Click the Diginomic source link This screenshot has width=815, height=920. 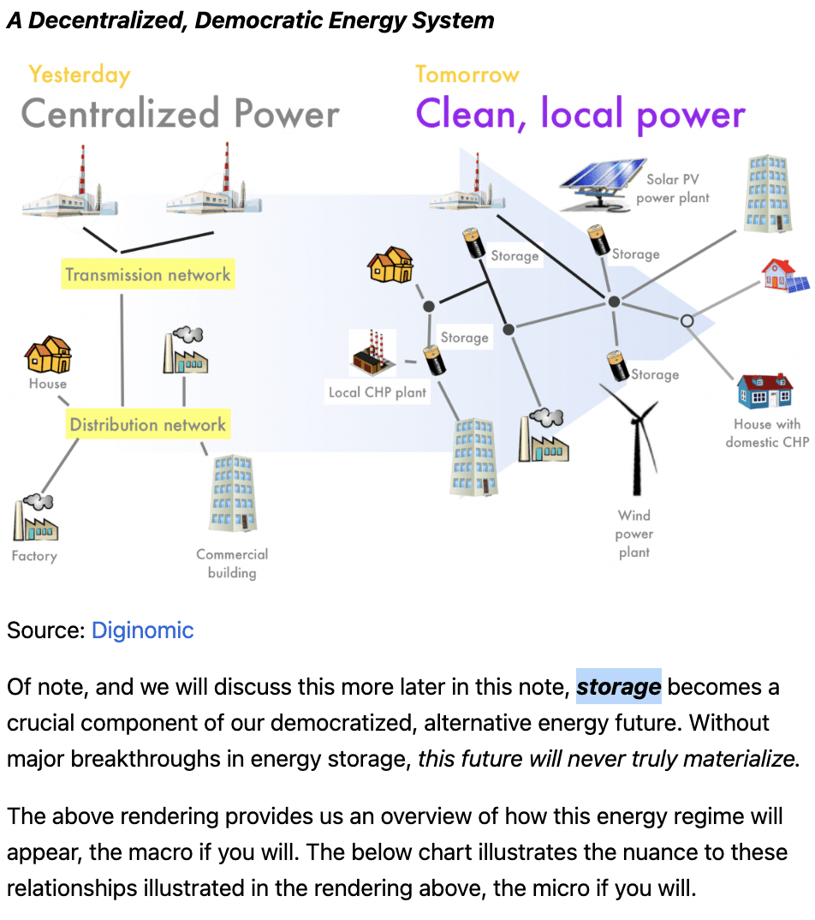[142, 630]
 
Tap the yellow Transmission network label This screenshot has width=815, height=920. [148, 275]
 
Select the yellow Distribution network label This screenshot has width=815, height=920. [148, 425]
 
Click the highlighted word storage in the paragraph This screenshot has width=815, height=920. [619, 687]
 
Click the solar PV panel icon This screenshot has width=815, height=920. [602, 182]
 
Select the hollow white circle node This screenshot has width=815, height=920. [687, 320]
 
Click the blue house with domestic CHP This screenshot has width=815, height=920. [764, 391]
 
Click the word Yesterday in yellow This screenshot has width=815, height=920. [79, 75]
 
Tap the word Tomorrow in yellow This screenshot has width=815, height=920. [467, 75]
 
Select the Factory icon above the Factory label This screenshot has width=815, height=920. [34, 517]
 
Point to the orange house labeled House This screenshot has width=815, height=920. [48, 354]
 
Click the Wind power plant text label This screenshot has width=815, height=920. [634, 534]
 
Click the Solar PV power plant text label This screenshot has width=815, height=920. [673, 188]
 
